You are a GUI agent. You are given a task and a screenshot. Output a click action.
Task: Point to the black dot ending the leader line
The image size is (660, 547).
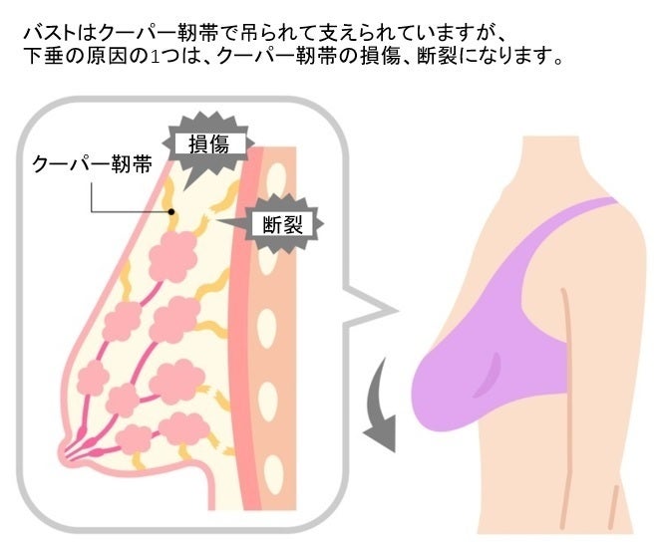(x=171, y=211)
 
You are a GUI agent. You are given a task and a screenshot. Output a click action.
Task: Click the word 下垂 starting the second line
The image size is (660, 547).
(x=43, y=59)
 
